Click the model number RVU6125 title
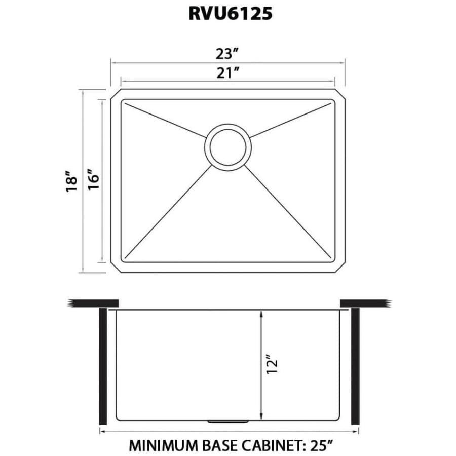coord(231,13)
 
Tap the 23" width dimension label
coord(227,54)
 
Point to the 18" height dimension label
coord(71,181)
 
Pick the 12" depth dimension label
coord(272,364)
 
